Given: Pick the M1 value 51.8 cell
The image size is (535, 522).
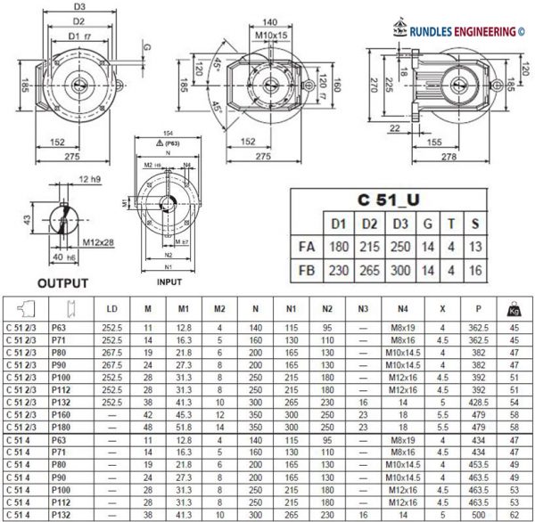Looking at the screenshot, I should (184, 428).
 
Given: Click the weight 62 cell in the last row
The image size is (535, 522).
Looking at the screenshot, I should (514, 515).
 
